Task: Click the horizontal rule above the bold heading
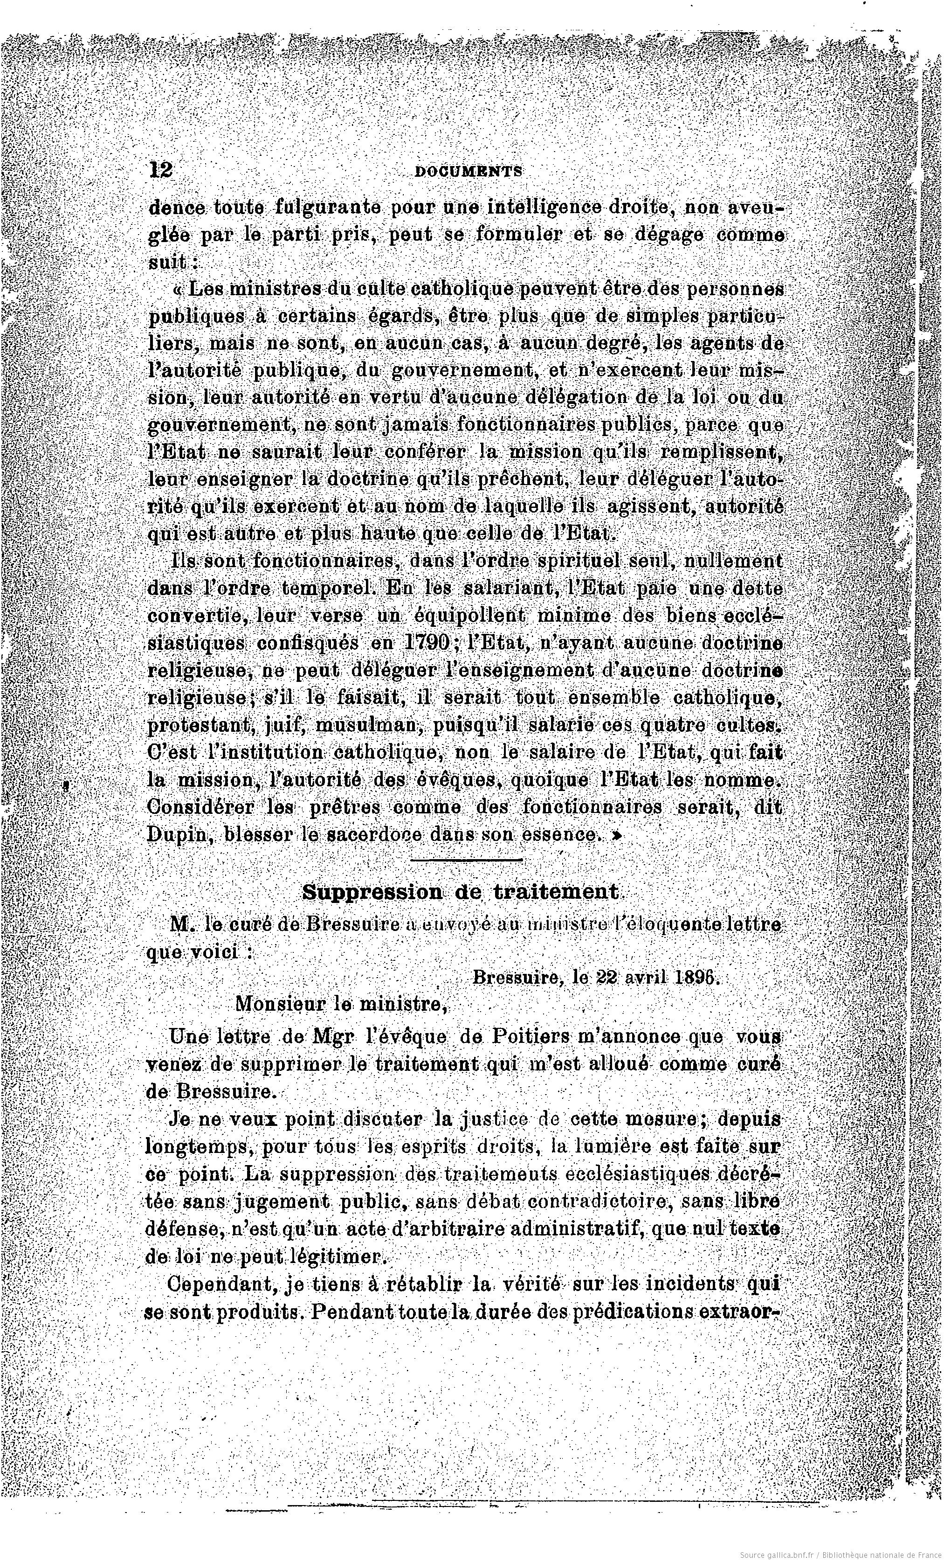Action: tap(466, 860)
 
